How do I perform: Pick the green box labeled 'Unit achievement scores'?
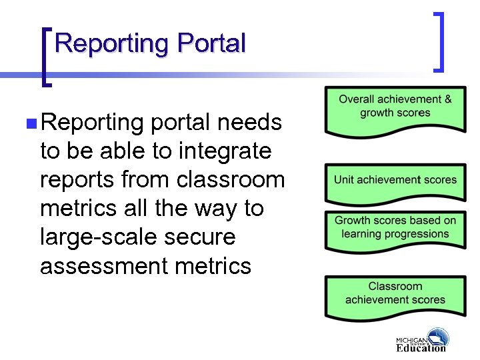(x=395, y=181)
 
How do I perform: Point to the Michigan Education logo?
(x=421, y=340)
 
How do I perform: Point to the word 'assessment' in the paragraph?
(x=102, y=266)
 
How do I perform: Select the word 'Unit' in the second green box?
(x=344, y=179)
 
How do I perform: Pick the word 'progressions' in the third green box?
(x=416, y=234)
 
